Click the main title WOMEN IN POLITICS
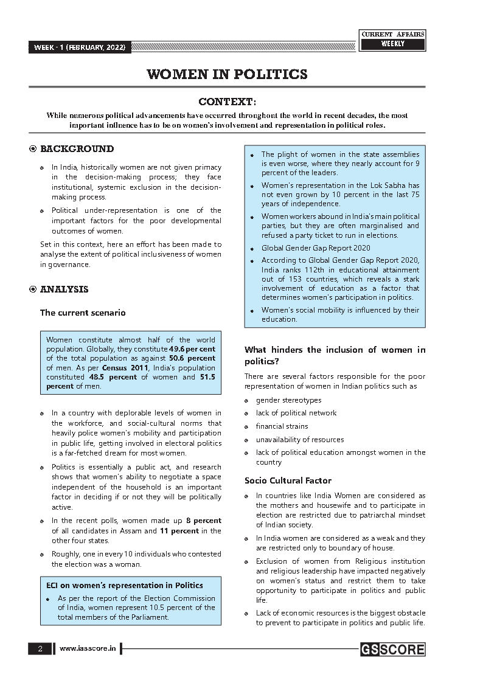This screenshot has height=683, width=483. pyautogui.click(x=227, y=75)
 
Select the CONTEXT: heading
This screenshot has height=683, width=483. pyautogui.click(x=228, y=101)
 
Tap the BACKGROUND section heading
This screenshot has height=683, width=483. pyautogui.click(x=77, y=149)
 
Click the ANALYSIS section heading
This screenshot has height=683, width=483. pyautogui.click(x=64, y=289)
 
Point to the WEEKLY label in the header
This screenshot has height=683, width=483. pyautogui.click(x=392, y=44)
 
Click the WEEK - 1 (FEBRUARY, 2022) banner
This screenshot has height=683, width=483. pyautogui.click(x=79, y=47)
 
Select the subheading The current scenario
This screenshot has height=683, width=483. pyautogui.click(x=83, y=313)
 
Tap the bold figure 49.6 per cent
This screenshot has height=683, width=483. pyautogui.click(x=192, y=349)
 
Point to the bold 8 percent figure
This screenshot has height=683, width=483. pyautogui.click(x=204, y=521)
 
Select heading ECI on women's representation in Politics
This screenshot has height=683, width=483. pyautogui.click(x=125, y=586)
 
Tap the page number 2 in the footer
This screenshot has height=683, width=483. pyautogui.click(x=40, y=649)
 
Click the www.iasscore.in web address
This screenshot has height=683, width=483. pyautogui.click(x=88, y=649)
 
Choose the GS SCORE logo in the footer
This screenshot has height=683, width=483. pyautogui.click(x=392, y=650)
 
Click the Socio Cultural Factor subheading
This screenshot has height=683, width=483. pyautogui.click(x=288, y=480)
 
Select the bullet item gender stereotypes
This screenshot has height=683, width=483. pyautogui.click(x=288, y=400)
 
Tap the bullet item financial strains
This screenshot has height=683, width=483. pyautogui.click(x=282, y=426)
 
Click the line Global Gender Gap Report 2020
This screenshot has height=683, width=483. pyautogui.click(x=316, y=248)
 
